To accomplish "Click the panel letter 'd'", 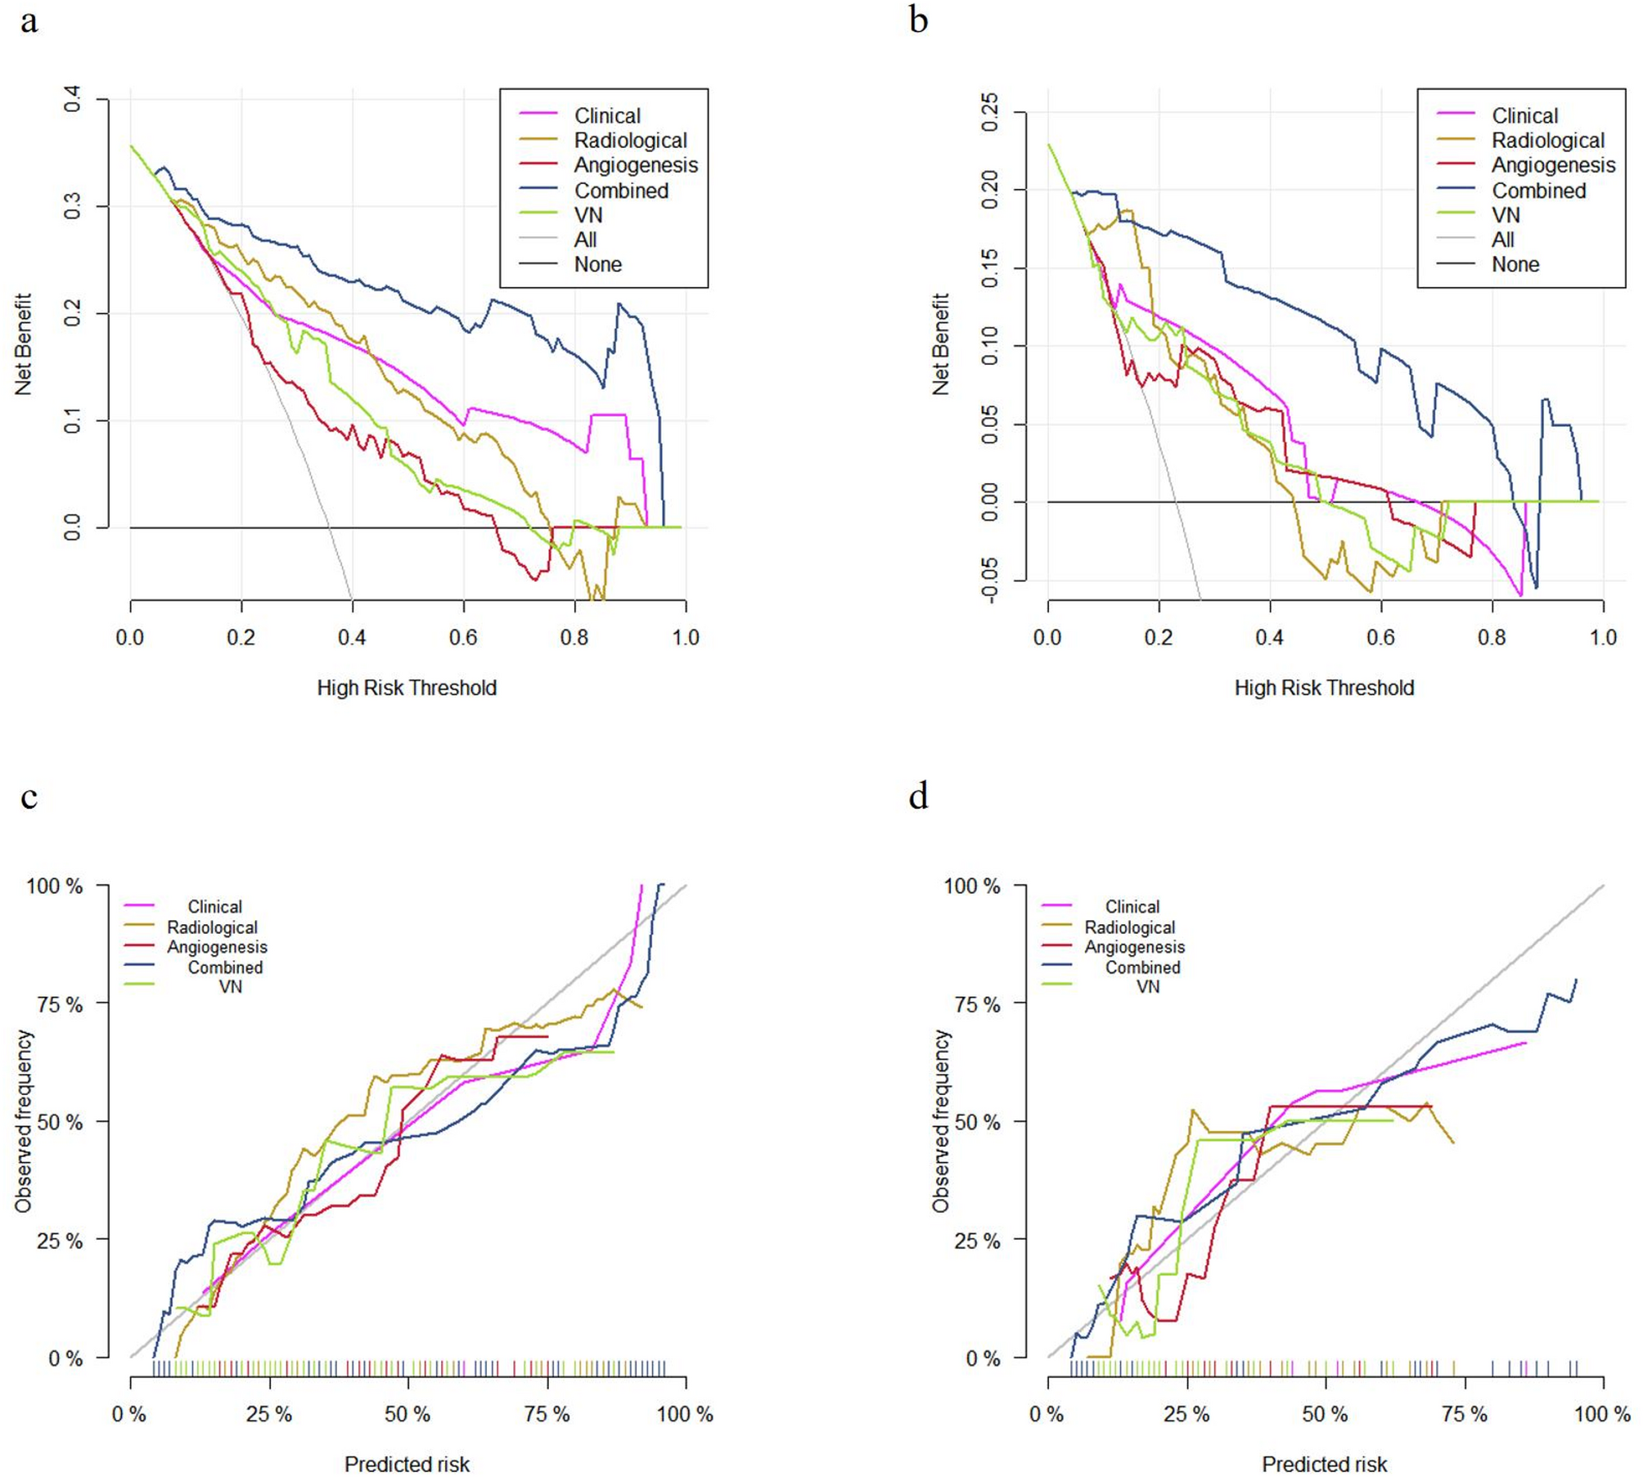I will (x=918, y=796).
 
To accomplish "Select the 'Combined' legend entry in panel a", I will (x=621, y=191).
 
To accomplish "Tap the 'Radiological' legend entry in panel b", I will (x=1547, y=141).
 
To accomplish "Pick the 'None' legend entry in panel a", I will (x=597, y=264).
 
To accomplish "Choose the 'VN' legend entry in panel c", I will (x=230, y=986).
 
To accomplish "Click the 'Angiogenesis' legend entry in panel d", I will (x=1134, y=947).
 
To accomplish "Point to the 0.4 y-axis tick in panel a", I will (x=72, y=100).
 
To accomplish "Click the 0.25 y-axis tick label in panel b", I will (x=989, y=112).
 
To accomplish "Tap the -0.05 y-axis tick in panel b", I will (x=989, y=581).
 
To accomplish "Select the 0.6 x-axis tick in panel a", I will (x=463, y=637).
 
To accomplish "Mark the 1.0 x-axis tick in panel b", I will (x=1603, y=637).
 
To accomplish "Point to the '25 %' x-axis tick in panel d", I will (x=1186, y=1414).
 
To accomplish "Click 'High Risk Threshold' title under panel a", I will (x=407, y=688).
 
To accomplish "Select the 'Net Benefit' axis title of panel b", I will (x=941, y=343).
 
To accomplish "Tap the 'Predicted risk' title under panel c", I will (x=407, y=1464).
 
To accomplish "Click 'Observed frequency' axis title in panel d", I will (x=941, y=1120).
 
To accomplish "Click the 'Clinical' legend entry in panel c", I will (x=214, y=907).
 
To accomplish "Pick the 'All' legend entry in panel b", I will (x=1502, y=240).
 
